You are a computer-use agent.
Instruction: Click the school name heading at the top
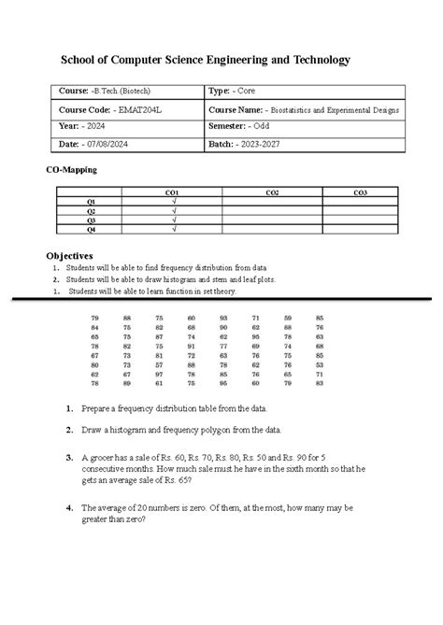tap(205, 60)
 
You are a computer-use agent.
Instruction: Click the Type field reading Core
tap(234, 92)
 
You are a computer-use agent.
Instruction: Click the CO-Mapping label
tap(72, 171)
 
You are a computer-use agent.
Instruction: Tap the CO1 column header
tap(172, 192)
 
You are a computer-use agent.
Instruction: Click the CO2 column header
tap(271, 192)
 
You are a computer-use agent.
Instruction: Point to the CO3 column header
tap(361, 192)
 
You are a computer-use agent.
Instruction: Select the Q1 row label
tap(91, 202)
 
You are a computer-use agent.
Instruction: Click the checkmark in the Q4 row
tap(173, 229)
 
